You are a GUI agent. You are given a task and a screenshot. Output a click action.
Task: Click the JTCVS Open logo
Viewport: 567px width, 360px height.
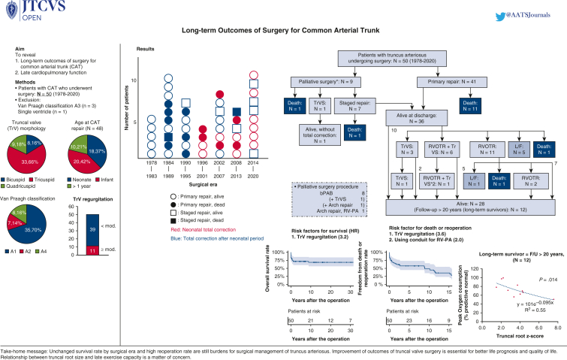tap(22, 13)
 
